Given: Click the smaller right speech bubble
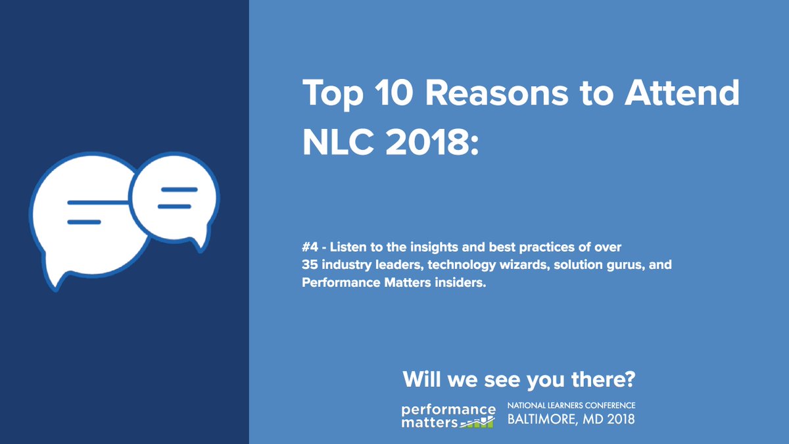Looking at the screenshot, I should tap(174, 197).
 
